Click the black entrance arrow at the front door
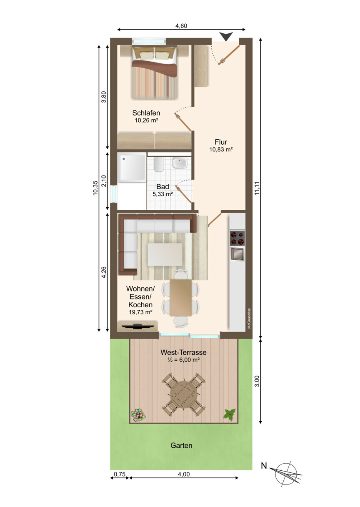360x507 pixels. point(226,36)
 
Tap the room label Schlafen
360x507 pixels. point(146,113)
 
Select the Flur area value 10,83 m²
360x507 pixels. point(221,149)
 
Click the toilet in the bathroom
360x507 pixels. point(158,165)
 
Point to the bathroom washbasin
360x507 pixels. point(180,163)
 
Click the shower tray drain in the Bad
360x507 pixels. point(124,159)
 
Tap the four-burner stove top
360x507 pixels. point(237,238)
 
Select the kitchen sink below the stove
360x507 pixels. point(237,254)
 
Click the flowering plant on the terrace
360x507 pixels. point(138,415)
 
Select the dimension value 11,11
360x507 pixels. point(257,188)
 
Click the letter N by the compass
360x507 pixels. point(264,467)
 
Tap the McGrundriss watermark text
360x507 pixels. point(249,319)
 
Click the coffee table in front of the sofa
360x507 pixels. point(165,255)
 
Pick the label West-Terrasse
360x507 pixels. point(183,352)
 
